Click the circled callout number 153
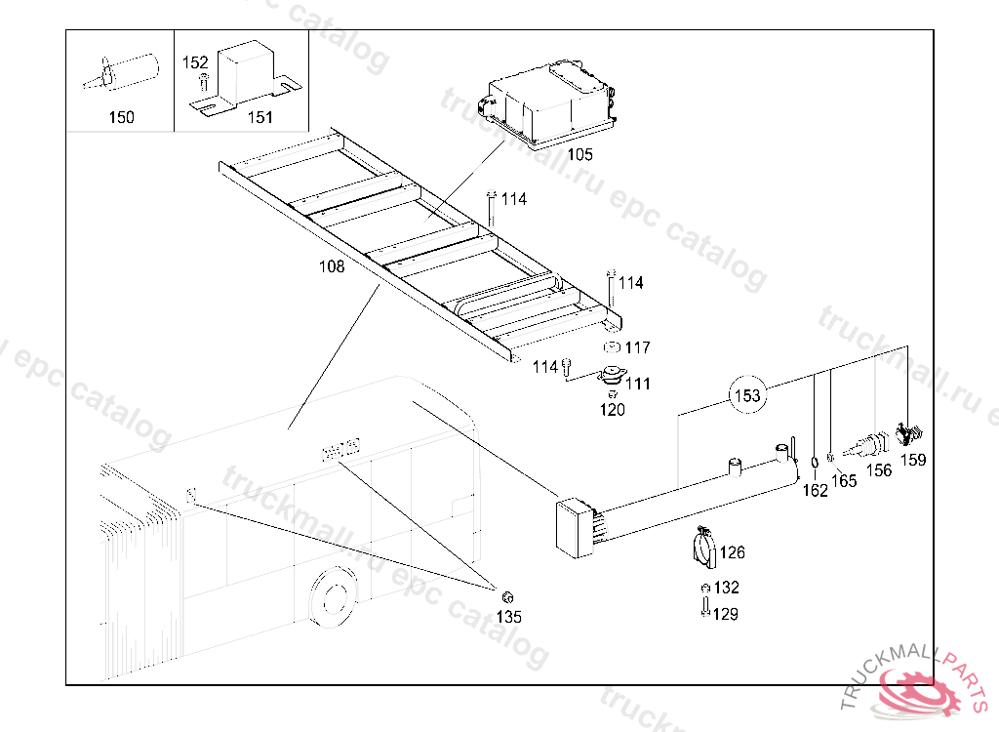pos(747,395)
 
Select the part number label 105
pos(579,154)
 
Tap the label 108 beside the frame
pos(332,265)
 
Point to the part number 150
pos(121,117)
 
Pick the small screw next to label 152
pos(203,82)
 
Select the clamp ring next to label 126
pos(704,548)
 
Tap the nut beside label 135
pos(507,597)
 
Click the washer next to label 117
pos(612,347)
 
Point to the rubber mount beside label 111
pos(613,375)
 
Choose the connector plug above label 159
pos(909,433)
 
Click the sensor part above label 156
pos(866,445)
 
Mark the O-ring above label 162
pos(815,463)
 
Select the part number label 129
pos(725,614)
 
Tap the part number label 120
pos(613,409)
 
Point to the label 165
pos(844,481)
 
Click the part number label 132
pos(726,587)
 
